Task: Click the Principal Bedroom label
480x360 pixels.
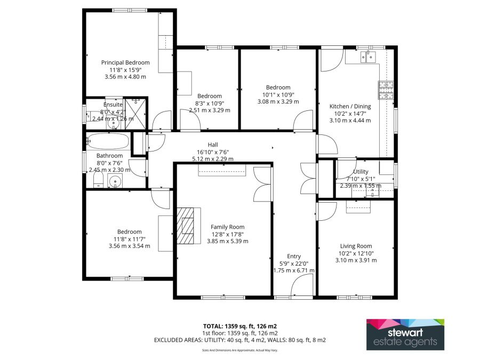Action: pyautogui.click(x=125, y=62)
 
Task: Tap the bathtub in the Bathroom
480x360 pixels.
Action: pyautogui.click(x=107, y=142)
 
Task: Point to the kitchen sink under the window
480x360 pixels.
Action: pyautogui.click(x=367, y=56)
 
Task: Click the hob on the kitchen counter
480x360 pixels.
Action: pyautogui.click(x=385, y=90)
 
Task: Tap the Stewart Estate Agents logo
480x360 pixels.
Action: pyautogui.click(x=405, y=334)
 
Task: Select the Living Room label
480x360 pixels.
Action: pyautogui.click(x=356, y=246)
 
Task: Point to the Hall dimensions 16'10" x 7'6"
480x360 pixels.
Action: pyautogui.click(x=213, y=151)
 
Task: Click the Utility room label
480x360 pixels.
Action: pyautogui.click(x=364, y=172)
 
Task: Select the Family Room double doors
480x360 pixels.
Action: pyautogui.click(x=262, y=183)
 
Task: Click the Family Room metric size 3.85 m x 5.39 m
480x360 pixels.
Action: pyautogui.click(x=227, y=241)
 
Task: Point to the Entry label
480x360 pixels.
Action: pyautogui.click(x=294, y=256)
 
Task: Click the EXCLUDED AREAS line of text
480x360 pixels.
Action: pyautogui.click(x=239, y=339)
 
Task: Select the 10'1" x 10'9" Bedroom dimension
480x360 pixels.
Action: pyautogui.click(x=278, y=94)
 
